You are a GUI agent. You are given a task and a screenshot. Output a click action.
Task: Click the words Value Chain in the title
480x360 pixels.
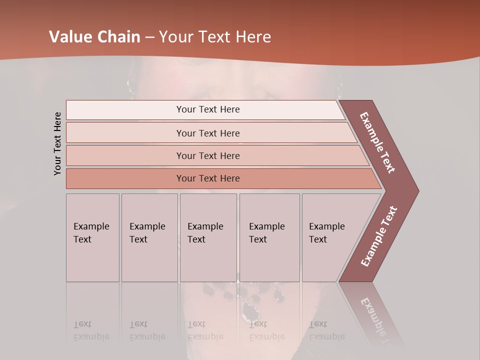pyautogui.click(x=94, y=37)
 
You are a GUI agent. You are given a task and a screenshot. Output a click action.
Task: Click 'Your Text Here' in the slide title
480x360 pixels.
pyautogui.click(x=215, y=37)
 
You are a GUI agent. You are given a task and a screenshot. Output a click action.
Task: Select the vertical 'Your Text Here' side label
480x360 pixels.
pyautogui.click(x=57, y=143)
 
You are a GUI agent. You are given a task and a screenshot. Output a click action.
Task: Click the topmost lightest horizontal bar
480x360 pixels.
pyautogui.click(x=208, y=109)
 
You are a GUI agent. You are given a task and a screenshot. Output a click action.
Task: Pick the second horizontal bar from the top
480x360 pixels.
pyautogui.click(x=208, y=133)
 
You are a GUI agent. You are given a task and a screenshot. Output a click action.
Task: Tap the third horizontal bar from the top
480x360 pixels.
pyautogui.click(x=208, y=155)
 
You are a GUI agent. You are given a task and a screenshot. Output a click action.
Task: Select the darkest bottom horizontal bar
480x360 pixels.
pyautogui.click(x=208, y=178)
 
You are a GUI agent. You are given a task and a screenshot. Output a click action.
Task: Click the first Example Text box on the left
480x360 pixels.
pyautogui.click(x=92, y=237)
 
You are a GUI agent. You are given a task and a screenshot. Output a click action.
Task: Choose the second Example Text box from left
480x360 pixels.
pyautogui.click(x=149, y=237)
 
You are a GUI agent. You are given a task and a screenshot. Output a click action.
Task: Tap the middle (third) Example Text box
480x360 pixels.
pyautogui.click(x=208, y=237)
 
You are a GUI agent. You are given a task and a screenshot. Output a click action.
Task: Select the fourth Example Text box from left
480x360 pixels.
pyautogui.click(x=269, y=237)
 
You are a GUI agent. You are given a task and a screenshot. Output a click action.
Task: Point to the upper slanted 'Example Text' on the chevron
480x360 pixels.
pyautogui.click(x=377, y=142)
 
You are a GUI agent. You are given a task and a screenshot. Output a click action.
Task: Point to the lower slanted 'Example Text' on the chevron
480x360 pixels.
pyautogui.click(x=379, y=236)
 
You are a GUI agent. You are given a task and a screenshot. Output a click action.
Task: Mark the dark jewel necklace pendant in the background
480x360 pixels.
pyautogui.click(x=250, y=310)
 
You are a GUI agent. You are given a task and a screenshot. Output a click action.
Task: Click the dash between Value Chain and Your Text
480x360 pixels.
pyautogui.click(x=149, y=37)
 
